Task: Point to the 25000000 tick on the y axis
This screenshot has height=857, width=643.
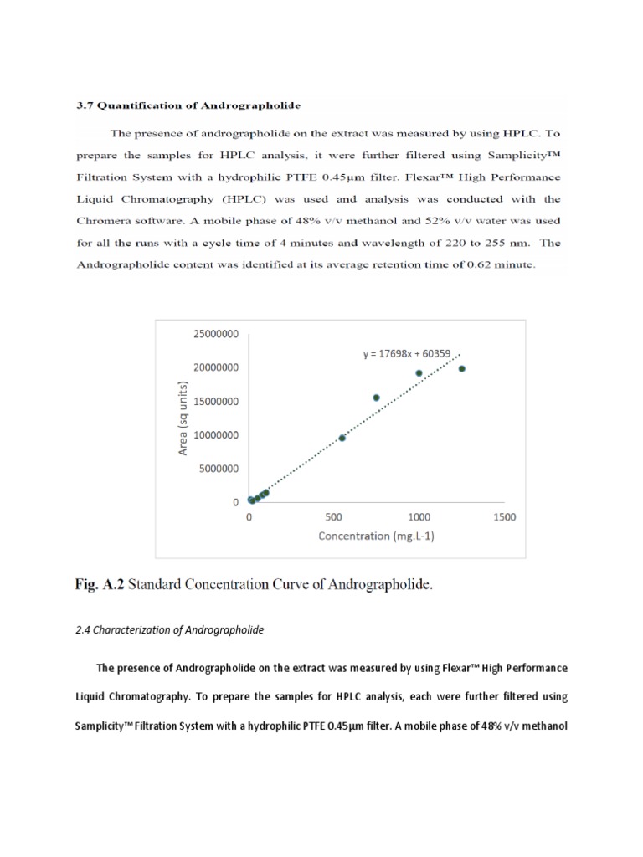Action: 215,333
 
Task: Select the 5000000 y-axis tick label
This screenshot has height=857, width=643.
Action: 218,469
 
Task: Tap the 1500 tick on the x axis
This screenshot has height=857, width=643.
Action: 504,517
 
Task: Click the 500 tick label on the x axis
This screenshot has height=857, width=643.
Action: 334,517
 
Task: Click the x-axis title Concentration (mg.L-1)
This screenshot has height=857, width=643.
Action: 375,536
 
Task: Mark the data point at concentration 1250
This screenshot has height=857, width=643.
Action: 462,368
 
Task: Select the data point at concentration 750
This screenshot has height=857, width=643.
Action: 376,398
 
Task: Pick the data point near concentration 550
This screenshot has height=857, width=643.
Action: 342,438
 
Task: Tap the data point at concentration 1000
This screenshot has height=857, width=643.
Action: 419,373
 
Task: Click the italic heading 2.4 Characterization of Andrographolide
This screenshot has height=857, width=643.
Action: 169,630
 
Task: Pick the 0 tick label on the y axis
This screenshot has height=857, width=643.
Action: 235,502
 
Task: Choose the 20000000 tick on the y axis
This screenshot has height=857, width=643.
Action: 215,367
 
